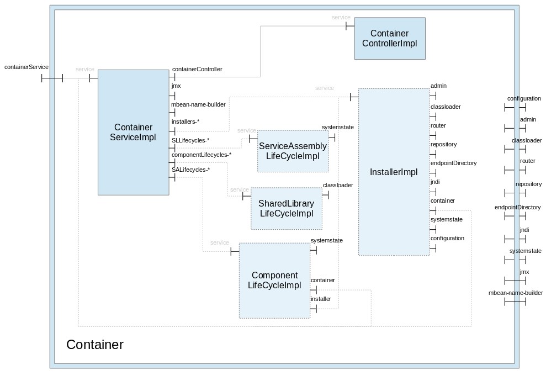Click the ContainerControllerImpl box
coord(389,38)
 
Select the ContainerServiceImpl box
coord(133,133)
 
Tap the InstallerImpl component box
coord(393,172)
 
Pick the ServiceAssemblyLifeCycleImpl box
coord(293,151)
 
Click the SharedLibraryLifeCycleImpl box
coord(286,208)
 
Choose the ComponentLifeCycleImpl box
coord(274,280)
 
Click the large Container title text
coord(95,345)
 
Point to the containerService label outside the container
coord(26,67)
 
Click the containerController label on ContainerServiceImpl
coord(197,70)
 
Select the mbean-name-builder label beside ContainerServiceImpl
coord(198,104)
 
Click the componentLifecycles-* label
coord(201,155)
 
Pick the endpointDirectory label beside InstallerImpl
coord(453,163)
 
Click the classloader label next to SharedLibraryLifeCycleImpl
coord(338,186)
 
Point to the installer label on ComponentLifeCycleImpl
coord(321,299)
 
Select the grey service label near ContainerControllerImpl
coord(341,18)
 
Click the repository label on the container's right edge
coord(528,184)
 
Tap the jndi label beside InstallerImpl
coord(435,182)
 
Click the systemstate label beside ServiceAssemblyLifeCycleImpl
coord(338,128)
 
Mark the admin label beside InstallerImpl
coord(438,86)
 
